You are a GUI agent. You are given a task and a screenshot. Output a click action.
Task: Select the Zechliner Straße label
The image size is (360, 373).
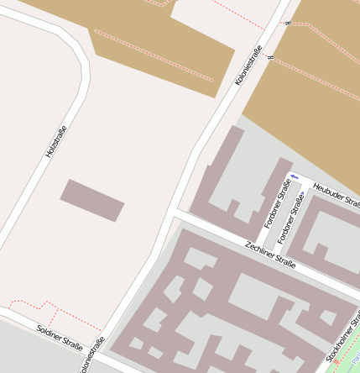(270, 254)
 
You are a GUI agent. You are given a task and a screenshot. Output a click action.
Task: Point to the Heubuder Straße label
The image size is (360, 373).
(336, 200)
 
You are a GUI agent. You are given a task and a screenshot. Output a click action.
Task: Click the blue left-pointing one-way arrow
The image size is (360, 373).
(293, 176)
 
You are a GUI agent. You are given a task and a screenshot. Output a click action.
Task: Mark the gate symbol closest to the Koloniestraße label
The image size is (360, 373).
(270, 57)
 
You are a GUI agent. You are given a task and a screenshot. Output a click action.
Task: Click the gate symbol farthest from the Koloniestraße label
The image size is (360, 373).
(289, 23)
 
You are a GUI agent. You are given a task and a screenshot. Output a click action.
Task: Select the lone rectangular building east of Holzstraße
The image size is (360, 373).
(91, 200)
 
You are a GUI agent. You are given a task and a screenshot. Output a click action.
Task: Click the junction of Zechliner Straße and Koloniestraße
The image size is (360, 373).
(175, 214)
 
